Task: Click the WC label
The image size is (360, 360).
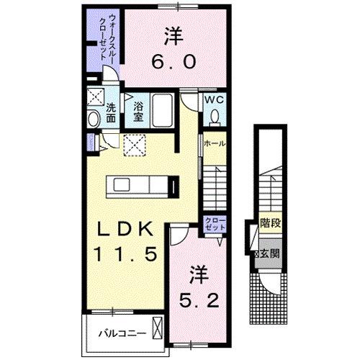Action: (x=215, y=99)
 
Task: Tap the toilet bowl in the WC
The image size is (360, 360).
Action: (x=215, y=117)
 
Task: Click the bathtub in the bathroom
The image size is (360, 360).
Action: (x=161, y=112)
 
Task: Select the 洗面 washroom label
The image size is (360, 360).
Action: (x=112, y=112)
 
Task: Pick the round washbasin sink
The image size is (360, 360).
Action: (x=94, y=119)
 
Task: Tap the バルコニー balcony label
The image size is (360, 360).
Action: (x=123, y=333)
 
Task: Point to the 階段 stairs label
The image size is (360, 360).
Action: (x=271, y=223)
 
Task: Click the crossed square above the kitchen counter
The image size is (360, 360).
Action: (x=133, y=145)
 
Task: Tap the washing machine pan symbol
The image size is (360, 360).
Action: (x=94, y=97)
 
